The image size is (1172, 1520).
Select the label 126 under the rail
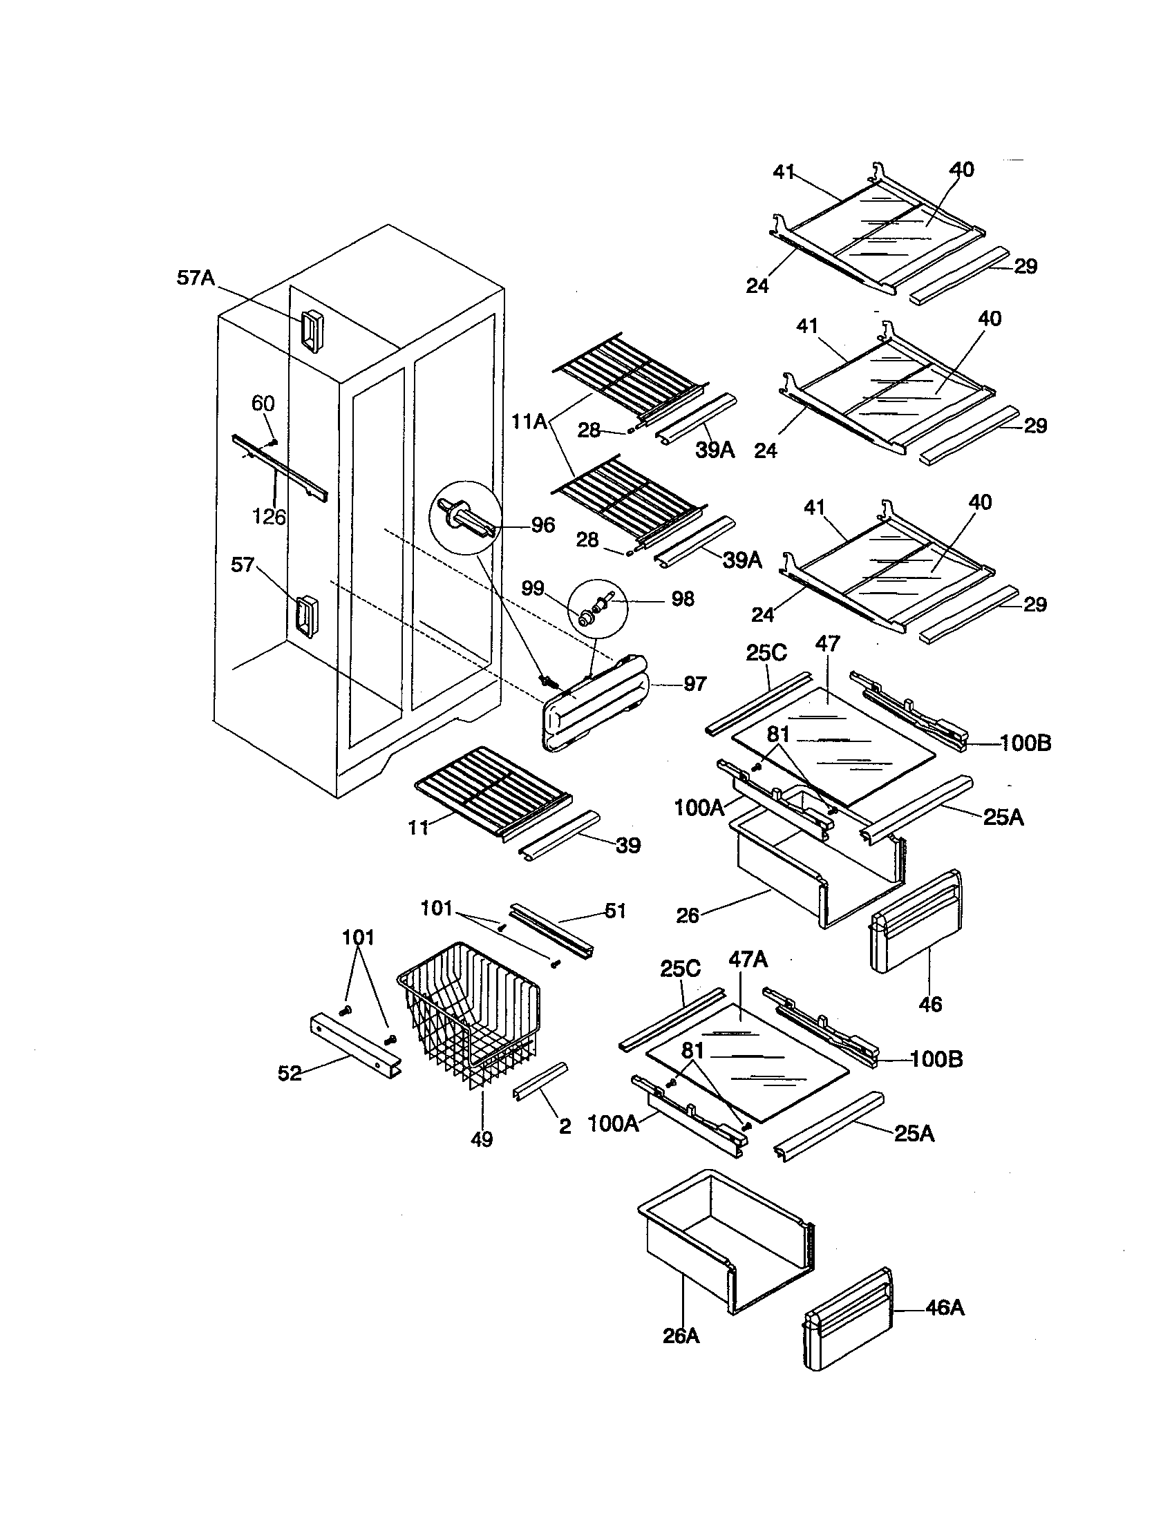(269, 517)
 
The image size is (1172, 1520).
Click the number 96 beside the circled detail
(543, 526)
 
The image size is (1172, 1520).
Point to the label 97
(694, 685)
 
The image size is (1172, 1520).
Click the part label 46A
(945, 1309)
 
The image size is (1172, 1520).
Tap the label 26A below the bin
(681, 1336)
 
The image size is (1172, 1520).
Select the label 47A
(748, 960)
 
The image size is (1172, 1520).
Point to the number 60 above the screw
(263, 403)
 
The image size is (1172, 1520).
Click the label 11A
(529, 421)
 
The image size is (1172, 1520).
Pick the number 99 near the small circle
(533, 588)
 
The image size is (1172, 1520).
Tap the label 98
(682, 598)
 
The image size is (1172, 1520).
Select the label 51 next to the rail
(615, 911)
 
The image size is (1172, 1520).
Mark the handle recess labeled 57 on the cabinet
(303, 615)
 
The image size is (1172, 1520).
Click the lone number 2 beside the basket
(565, 1127)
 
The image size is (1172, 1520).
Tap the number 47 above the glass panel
(828, 644)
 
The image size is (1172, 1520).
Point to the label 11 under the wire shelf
(417, 828)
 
